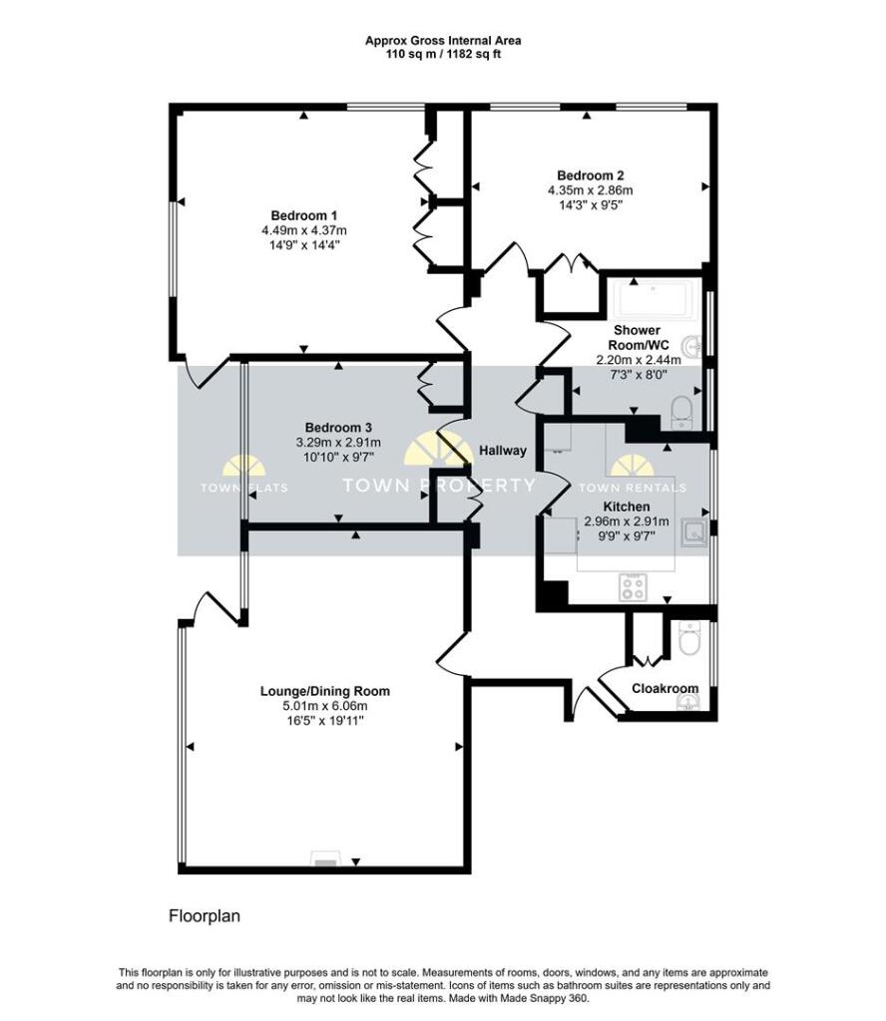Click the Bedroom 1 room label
(x=304, y=215)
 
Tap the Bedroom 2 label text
(x=591, y=175)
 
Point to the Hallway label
(x=503, y=451)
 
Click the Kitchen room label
(x=627, y=508)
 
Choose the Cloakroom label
(x=664, y=688)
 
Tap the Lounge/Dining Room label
(x=324, y=691)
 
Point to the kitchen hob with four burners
(x=632, y=587)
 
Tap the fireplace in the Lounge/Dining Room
(x=326, y=858)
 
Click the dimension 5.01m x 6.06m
(x=324, y=706)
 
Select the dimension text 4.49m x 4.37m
(x=304, y=230)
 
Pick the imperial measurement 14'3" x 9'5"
(x=591, y=205)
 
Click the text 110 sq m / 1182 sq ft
(x=442, y=55)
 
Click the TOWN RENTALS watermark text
(x=633, y=488)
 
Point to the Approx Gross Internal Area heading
(x=442, y=41)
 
